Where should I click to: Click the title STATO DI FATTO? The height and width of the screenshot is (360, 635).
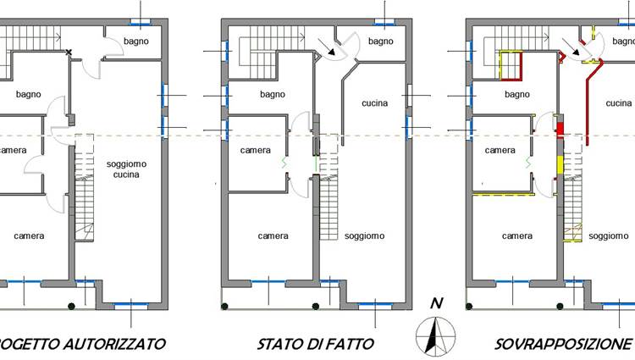[316, 344]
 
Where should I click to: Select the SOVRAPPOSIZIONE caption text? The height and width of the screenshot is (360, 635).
[564, 344]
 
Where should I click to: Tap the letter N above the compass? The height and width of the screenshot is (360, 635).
[436, 303]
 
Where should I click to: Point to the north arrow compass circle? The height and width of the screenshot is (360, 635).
[436, 337]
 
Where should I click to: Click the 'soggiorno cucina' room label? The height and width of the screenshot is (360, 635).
[126, 169]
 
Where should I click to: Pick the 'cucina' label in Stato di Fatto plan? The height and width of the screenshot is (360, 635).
[374, 103]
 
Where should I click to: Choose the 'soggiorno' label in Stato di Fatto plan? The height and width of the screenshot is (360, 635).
[364, 236]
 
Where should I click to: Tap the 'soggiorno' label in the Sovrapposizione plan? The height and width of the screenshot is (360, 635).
[609, 236]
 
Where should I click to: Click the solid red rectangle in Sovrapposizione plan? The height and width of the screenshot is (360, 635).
[560, 130]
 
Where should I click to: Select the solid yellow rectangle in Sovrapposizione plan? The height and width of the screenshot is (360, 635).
[560, 165]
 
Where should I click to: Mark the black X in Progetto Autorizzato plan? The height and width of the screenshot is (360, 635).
[69, 53]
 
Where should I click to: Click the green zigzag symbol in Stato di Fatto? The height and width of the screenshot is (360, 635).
[284, 163]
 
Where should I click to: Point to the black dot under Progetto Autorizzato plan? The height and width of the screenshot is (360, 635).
[71, 306]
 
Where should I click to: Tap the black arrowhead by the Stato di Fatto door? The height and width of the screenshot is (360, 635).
[332, 52]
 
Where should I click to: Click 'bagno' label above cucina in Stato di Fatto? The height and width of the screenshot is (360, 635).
[381, 42]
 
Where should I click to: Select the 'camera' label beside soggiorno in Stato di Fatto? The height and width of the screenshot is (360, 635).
[255, 150]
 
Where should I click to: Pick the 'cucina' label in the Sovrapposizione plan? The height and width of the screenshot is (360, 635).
[619, 103]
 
